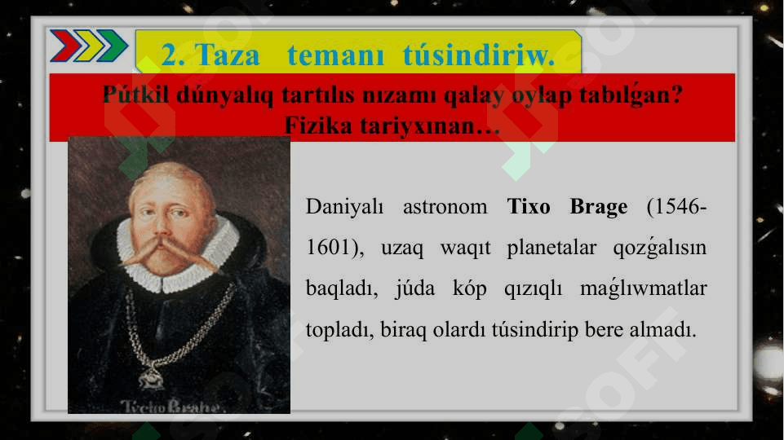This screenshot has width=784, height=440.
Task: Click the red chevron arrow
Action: [65, 46]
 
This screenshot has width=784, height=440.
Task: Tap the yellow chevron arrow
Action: [88, 46]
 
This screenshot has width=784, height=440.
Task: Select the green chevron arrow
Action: [112, 46]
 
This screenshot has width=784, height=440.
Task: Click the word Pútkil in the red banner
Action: [136, 95]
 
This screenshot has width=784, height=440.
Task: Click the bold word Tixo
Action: [529, 206]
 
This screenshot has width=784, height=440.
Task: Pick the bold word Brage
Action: [599, 207]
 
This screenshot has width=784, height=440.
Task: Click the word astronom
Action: [445, 207]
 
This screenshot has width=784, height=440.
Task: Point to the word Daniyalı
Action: [344, 207]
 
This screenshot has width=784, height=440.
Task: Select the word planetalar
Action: [551, 248]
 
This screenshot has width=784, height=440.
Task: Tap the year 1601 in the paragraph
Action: [326, 247]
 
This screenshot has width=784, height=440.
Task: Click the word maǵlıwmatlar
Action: [644, 288]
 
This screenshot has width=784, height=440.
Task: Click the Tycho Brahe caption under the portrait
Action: [172, 406]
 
